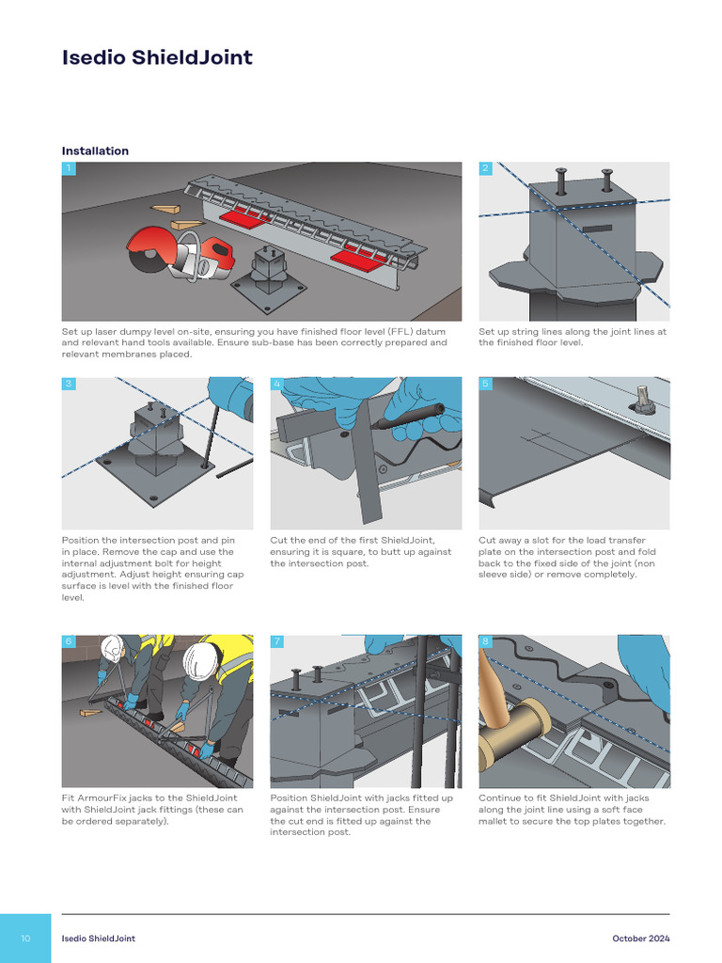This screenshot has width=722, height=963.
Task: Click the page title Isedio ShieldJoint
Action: pos(157,57)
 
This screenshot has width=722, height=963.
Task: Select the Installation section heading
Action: pos(95,150)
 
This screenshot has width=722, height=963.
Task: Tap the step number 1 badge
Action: pos(69,168)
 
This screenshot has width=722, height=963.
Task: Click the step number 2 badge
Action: pos(485,168)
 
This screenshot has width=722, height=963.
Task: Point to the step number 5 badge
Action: pos(485,384)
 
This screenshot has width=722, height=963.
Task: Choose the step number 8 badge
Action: pos(485,641)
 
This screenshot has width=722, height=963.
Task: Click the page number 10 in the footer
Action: pos(25,939)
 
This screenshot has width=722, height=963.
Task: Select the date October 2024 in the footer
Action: pos(640,939)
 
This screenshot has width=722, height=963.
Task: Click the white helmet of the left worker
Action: pos(112,647)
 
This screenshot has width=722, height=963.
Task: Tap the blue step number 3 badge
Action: pos(69,384)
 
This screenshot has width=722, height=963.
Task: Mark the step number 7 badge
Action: pos(276,641)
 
